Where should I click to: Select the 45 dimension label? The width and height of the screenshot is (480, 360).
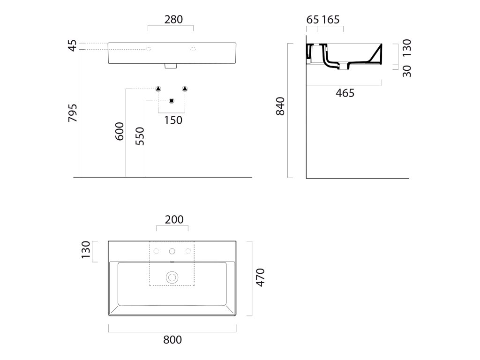pyautogui.click(x=72, y=46)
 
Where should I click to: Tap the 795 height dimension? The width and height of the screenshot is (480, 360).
pyautogui.click(x=72, y=113)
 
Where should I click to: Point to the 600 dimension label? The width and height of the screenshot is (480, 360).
pyautogui.click(x=119, y=132)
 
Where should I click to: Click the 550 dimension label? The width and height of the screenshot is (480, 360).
pyautogui.click(x=140, y=136)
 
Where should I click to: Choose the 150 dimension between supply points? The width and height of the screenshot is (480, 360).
pyautogui.click(x=173, y=120)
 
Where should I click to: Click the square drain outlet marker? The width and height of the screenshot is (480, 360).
pyautogui.click(x=171, y=101)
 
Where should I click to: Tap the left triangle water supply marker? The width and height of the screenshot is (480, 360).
pyautogui.click(x=158, y=89)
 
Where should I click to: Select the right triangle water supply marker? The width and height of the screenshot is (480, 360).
pyautogui.click(x=185, y=89)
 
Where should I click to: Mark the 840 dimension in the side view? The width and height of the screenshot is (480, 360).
pyautogui.click(x=280, y=107)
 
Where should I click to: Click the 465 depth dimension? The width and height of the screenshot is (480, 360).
pyautogui.click(x=345, y=93)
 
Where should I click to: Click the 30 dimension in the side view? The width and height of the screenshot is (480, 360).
pyautogui.click(x=407, y=70)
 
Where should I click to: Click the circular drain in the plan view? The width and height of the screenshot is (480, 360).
pyautogui.click(x=172, y=277)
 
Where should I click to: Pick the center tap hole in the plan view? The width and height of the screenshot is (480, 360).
pyautogui.click(x=172, y=251)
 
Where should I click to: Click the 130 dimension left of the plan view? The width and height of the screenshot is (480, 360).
pyautogui.click(x=85, y=251)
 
